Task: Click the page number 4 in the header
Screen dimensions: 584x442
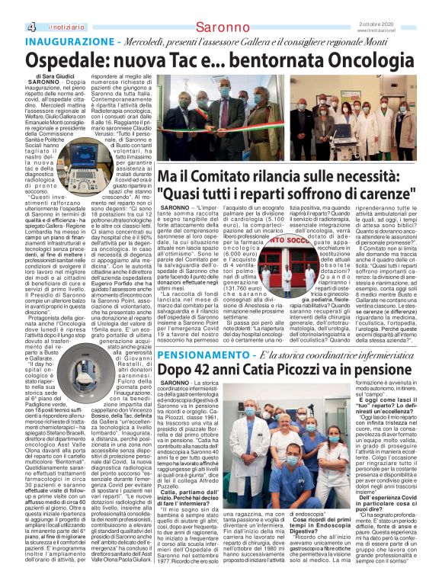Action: (x=8, y=8)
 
